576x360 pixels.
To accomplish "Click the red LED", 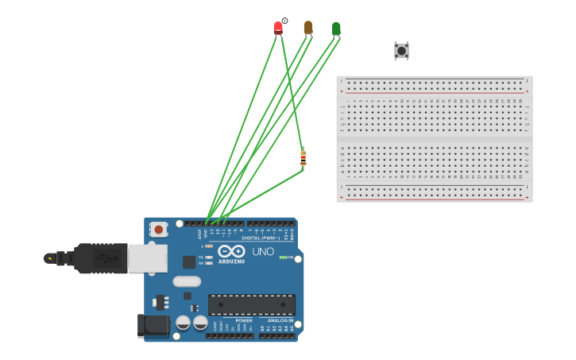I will (278, 28).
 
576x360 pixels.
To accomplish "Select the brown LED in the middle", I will (308, 28).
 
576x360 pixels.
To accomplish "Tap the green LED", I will (336, 29).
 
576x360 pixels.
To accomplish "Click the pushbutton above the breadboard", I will (401, 51).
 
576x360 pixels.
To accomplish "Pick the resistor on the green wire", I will (303, 158).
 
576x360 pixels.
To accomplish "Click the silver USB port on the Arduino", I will (148, 257).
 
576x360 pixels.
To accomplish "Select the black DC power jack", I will (153, 325).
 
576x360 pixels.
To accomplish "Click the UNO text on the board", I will (263, 252).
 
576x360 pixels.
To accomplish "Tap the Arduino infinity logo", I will (231, 251).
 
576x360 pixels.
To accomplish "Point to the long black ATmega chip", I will (251, 304).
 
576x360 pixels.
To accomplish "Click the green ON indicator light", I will (283, 257).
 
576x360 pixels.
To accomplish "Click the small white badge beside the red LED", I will (284, 21).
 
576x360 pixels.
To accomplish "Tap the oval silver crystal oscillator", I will (187, 281).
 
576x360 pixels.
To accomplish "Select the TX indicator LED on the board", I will (209, 257).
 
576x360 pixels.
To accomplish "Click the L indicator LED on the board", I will (209, 246).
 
